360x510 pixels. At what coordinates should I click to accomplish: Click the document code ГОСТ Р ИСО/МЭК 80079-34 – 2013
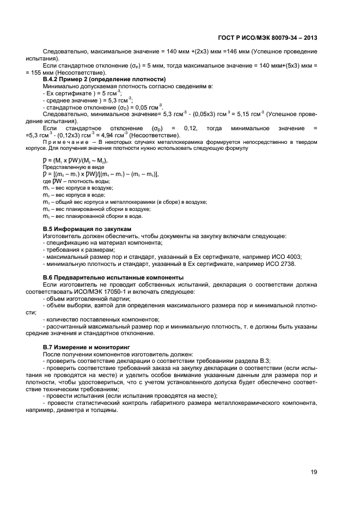coord(269,38)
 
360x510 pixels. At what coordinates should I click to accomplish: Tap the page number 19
coord(314,472)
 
